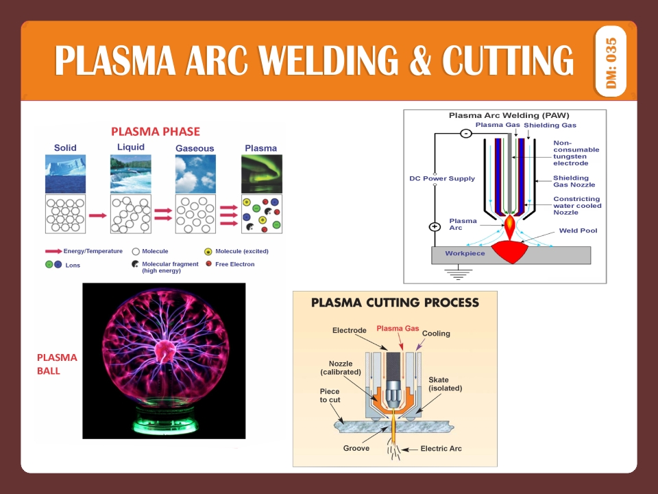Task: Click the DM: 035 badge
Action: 611,61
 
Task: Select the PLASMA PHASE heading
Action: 156,131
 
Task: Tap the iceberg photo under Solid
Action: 65,174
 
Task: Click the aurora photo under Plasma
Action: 261,174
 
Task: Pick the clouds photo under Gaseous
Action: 195,174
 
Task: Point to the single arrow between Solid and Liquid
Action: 98,215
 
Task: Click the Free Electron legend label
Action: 234,264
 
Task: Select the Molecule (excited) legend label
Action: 241,251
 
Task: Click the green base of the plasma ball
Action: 164,419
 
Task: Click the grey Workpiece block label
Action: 465,253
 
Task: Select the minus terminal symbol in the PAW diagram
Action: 465,133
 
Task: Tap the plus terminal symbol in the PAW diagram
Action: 435,227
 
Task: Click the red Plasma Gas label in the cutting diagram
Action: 398,329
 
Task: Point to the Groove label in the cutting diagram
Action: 356,448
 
